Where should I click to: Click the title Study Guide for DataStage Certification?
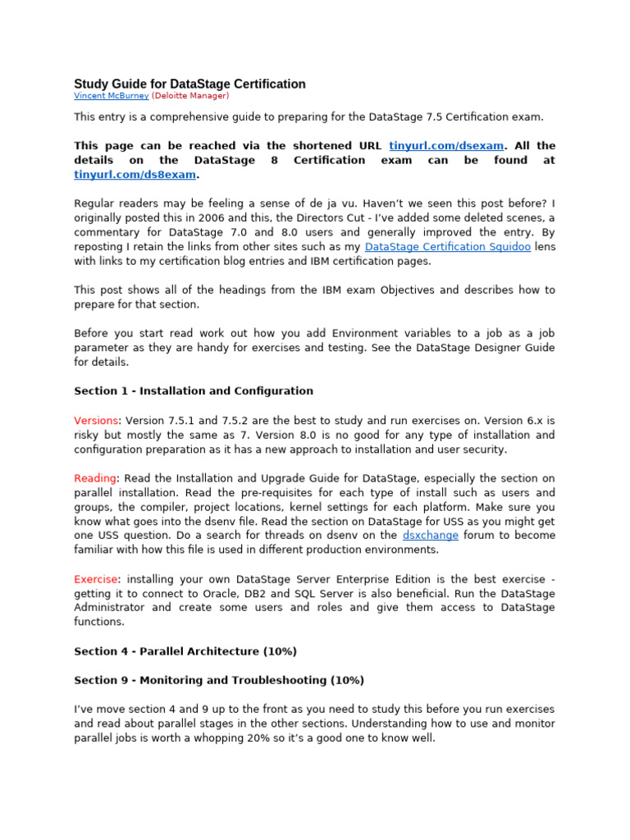tap(189, 84)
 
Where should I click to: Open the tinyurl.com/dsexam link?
tap(446, 146)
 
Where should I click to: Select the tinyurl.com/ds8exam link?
tap(135, 175)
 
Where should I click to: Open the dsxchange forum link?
tap(431, 536)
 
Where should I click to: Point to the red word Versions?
tap(96, 420)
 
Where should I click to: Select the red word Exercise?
tap(96, 579)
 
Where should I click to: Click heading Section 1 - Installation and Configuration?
tap(194, 391)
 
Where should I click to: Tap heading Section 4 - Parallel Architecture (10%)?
tap(185, 651)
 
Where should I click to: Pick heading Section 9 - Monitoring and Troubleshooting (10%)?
tap(219, 680)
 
